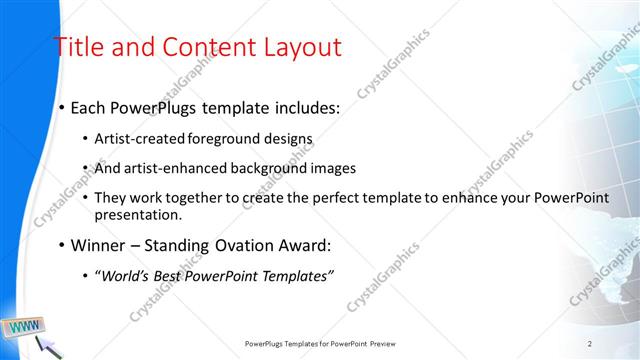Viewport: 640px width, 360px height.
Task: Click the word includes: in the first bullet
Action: point(303,106)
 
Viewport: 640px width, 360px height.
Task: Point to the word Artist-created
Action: point(136,139)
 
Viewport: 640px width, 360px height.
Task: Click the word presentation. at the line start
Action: point(139,214)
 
